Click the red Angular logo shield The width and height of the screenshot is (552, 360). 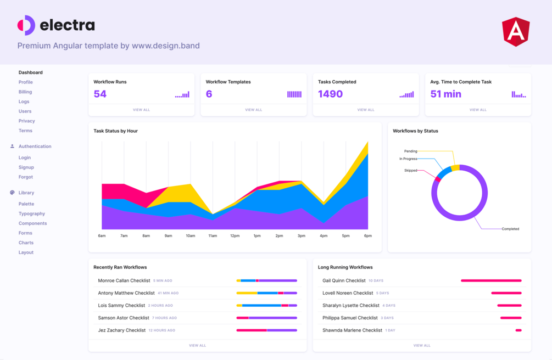515,31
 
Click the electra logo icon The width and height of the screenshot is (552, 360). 26,25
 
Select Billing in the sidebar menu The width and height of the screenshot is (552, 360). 25,92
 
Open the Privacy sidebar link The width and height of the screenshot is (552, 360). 26,121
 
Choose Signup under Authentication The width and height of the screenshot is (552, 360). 26,167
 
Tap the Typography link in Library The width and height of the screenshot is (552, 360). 32,213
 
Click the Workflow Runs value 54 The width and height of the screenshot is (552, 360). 100,94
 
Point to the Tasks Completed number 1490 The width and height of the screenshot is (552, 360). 330,94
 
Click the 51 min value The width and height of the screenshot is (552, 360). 445,94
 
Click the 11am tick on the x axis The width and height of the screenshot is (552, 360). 213,236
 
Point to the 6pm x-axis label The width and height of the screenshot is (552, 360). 367,236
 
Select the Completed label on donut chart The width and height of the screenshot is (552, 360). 510,229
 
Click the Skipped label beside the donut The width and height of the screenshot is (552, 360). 410,171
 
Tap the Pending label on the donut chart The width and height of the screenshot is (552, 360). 410,151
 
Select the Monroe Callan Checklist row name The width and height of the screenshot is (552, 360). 124,280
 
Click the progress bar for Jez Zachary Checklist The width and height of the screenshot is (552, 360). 266,330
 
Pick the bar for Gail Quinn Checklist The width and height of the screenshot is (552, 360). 491,280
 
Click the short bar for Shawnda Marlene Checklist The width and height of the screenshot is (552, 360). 518,330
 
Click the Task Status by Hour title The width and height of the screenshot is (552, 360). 115,131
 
